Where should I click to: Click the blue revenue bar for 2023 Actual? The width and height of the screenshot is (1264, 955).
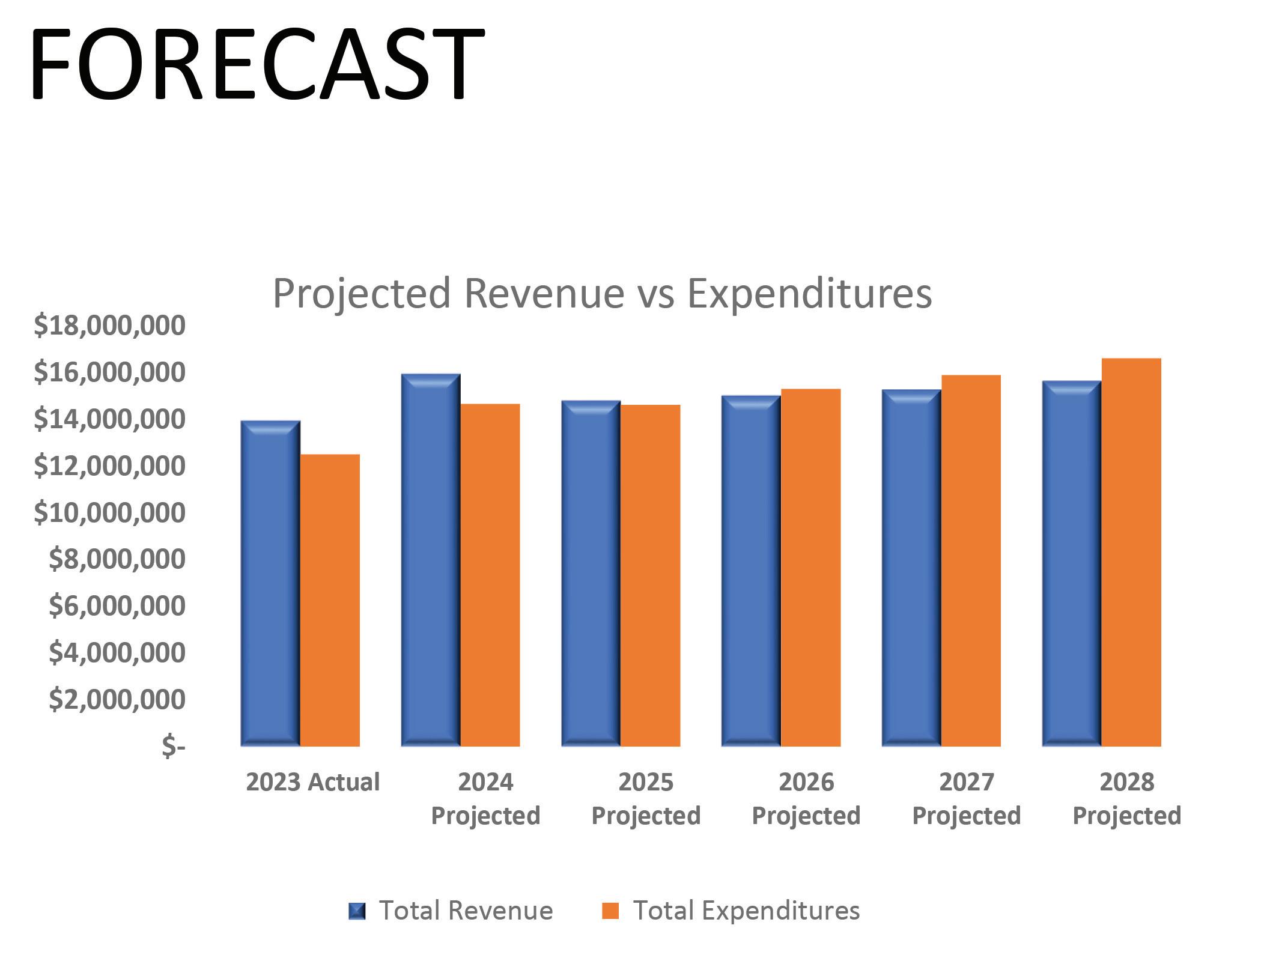[270, 583]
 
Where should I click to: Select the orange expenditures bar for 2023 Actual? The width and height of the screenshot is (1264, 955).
[330, 600]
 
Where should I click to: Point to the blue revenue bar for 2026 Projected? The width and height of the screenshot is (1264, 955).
[751, 571]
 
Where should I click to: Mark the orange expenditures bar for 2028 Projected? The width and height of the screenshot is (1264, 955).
[1131, 552]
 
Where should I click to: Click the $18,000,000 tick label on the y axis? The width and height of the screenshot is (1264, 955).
[110, 325]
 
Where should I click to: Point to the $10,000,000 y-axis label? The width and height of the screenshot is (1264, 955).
[110, 512]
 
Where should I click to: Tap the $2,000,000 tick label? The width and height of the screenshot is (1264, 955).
[117, 699]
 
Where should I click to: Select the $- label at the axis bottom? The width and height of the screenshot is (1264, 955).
[174, 746]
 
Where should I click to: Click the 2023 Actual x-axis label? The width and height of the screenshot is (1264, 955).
[313, 782]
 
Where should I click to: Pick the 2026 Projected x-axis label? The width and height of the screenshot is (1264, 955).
[806, 798]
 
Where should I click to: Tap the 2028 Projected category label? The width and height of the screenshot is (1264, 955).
[1127, 798]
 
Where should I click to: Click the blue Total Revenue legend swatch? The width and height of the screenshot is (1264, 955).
[357, 911]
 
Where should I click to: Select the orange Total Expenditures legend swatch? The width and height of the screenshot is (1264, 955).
[610, 911]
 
